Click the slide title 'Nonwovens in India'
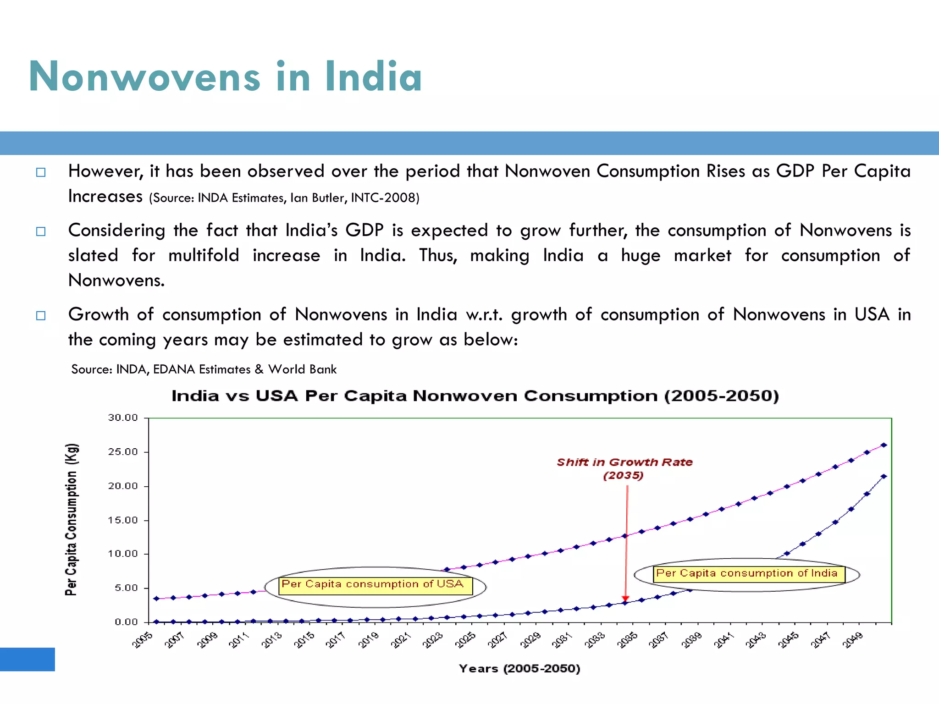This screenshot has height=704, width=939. coord(225,77)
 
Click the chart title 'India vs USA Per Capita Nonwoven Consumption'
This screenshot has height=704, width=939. coord(475,396)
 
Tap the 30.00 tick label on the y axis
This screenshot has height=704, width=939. coord(123,418)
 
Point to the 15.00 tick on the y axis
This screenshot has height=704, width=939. coord(123,520)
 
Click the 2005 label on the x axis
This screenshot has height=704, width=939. coord(143,640)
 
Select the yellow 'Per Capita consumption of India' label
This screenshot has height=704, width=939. coord(748,574)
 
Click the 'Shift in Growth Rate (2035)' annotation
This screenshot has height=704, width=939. coord(624,468)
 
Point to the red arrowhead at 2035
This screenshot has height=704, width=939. coord(625,599)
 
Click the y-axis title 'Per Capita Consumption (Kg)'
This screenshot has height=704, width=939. coord(71,519)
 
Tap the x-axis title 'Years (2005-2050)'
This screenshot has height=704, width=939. coord(519,669)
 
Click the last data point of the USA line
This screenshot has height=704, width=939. coord(884,445)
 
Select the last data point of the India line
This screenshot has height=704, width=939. coord(884,477)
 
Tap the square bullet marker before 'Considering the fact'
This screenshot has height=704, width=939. coord(41,231)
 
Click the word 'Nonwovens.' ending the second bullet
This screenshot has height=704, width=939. coord(116,280)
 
